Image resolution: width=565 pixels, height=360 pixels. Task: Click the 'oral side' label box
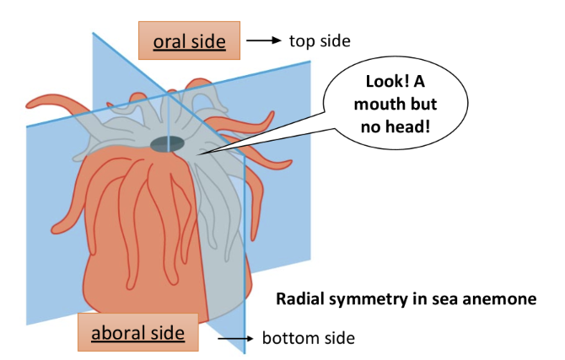pos(190,40)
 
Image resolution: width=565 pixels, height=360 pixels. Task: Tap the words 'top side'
pos(319,40)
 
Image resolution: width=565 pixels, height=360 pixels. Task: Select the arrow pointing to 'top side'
pos(264,40)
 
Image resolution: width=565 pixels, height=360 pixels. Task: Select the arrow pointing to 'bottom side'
pos(235,338)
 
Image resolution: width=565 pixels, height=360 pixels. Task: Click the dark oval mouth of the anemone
pos(168,144)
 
